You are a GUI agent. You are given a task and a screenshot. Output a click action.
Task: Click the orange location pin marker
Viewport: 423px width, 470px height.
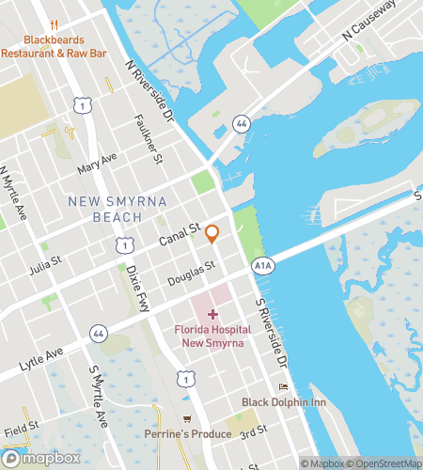(212, 234)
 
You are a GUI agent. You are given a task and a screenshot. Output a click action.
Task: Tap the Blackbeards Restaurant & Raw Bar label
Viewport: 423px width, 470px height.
(55, 47)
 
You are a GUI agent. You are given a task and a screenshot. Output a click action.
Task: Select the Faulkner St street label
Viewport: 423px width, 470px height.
(149, 136)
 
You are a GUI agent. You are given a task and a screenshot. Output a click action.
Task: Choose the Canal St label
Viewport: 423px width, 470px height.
(181, 236)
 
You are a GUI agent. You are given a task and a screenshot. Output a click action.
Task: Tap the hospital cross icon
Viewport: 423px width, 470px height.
(212, 314)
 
